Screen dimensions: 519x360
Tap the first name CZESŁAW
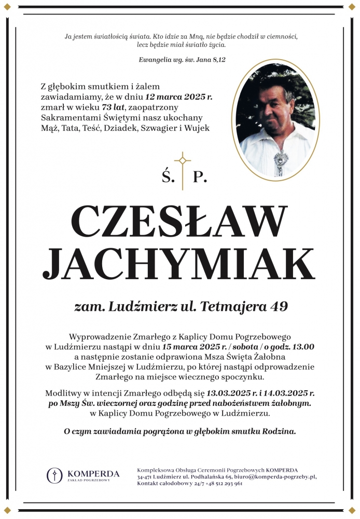click(x=179, y=220)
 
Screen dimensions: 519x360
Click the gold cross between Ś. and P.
click(x=182, y=168)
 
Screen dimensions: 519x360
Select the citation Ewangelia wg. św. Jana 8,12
click(x=182, y=60)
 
